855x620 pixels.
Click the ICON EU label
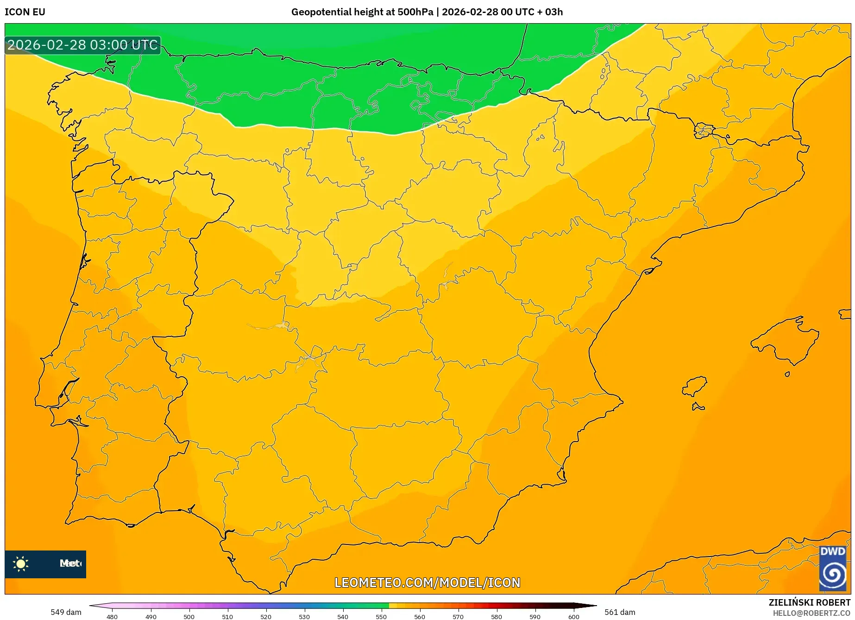pos(25,12)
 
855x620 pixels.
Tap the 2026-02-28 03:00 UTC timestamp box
pos(82,45)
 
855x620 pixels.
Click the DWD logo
pos(832,568)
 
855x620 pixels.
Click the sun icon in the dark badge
pos(21,564)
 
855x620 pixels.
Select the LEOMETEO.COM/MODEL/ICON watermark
pos(427,582)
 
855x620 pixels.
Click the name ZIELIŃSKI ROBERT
pos(809,602)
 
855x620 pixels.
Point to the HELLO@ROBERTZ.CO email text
pos(811,613)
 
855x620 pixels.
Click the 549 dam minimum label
pos(66,612)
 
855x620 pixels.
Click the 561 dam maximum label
pos(620,612)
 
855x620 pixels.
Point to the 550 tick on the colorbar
pos(381,617)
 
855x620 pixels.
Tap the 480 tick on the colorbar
pos(112,617)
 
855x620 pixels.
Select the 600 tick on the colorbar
pos(573,617)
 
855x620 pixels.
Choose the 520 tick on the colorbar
pos(266,617)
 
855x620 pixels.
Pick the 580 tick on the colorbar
pos(497,617)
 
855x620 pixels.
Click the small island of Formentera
pos(698,407)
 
